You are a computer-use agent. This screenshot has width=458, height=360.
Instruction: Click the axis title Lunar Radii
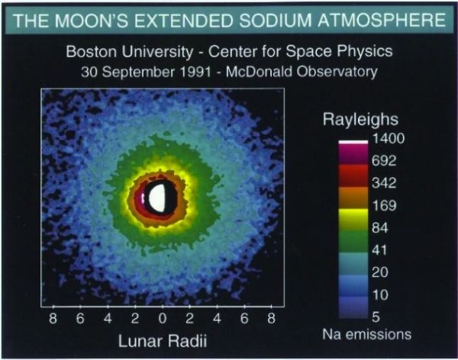(162, 339)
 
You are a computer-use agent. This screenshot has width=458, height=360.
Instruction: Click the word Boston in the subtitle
(89, 54)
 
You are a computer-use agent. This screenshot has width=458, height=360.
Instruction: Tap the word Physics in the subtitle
(368, 54)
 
